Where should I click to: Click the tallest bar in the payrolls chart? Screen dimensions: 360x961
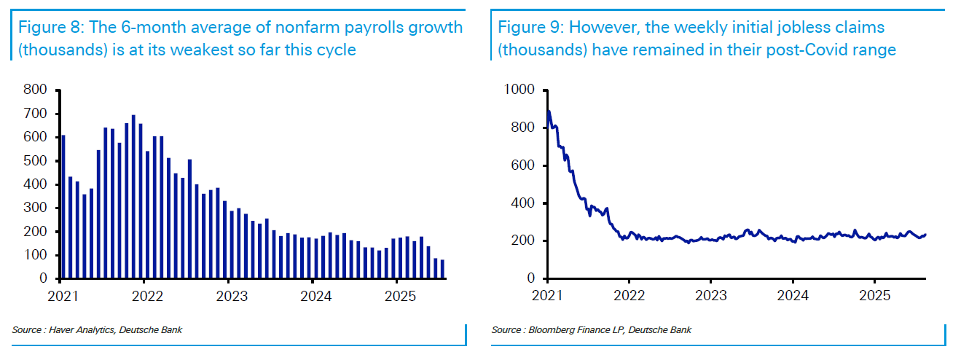click(x=133, y=197)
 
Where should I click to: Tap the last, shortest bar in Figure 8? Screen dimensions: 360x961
click(x=442, y=269)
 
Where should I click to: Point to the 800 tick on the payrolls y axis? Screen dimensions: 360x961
click(x=37, y=90)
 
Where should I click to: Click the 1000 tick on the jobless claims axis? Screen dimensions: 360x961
click(x=519, y=90)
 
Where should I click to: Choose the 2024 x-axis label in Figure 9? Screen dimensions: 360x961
click(x=793, y=297)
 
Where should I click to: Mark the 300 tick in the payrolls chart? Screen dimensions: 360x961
click(x=37, y=208)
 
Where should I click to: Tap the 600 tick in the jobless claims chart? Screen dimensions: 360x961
click(x=523, y=165)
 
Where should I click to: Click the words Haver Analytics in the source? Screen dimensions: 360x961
click(x=81, y=330)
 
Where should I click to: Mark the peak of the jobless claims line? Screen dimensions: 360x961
click(x=548, y=111)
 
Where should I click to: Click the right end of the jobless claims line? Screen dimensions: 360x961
click(x=925, y=235)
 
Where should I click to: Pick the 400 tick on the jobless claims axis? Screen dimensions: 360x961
click(x=523, y=203)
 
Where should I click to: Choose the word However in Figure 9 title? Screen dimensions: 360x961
click(x=598, y=28)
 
